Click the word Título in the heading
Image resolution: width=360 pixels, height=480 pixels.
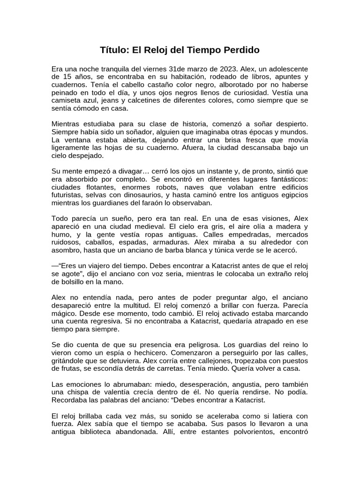pyautogui.click(x=115, y=49)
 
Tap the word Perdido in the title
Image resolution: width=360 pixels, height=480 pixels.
pyautogui.click(x=241, y=49)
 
